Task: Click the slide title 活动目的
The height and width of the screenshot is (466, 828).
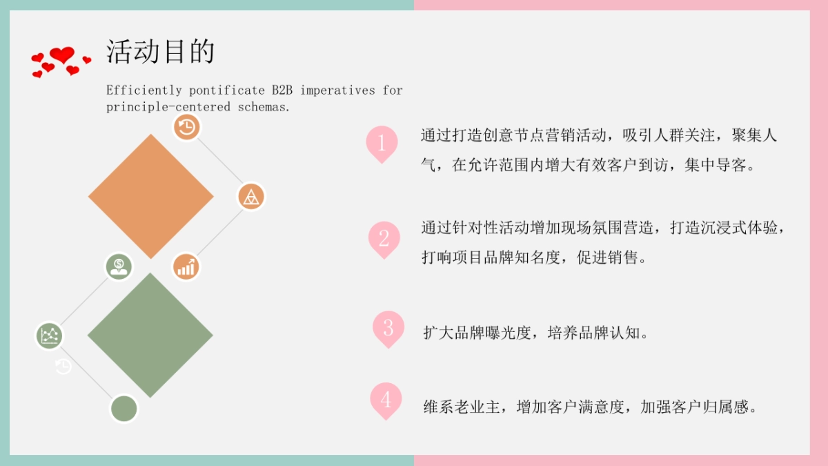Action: tap(160, 52)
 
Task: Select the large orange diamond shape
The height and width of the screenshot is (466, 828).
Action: tap(151, 196)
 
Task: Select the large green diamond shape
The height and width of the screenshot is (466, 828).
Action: tap(150, 336)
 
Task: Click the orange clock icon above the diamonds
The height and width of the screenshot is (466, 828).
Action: tap(186, 127)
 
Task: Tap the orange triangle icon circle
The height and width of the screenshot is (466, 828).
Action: tap(251, 197)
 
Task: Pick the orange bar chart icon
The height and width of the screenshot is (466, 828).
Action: tap(186, 266)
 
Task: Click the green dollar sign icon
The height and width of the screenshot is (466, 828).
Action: tap(119, 266)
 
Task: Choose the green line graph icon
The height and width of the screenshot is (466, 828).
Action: tap(49, 336)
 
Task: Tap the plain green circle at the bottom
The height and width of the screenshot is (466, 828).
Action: tap(124, 408)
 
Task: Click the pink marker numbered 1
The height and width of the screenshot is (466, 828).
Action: tap(382, 142)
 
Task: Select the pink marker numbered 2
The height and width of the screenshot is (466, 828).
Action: tap(384, 237)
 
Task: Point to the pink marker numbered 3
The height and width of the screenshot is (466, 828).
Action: tap(388, 327)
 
